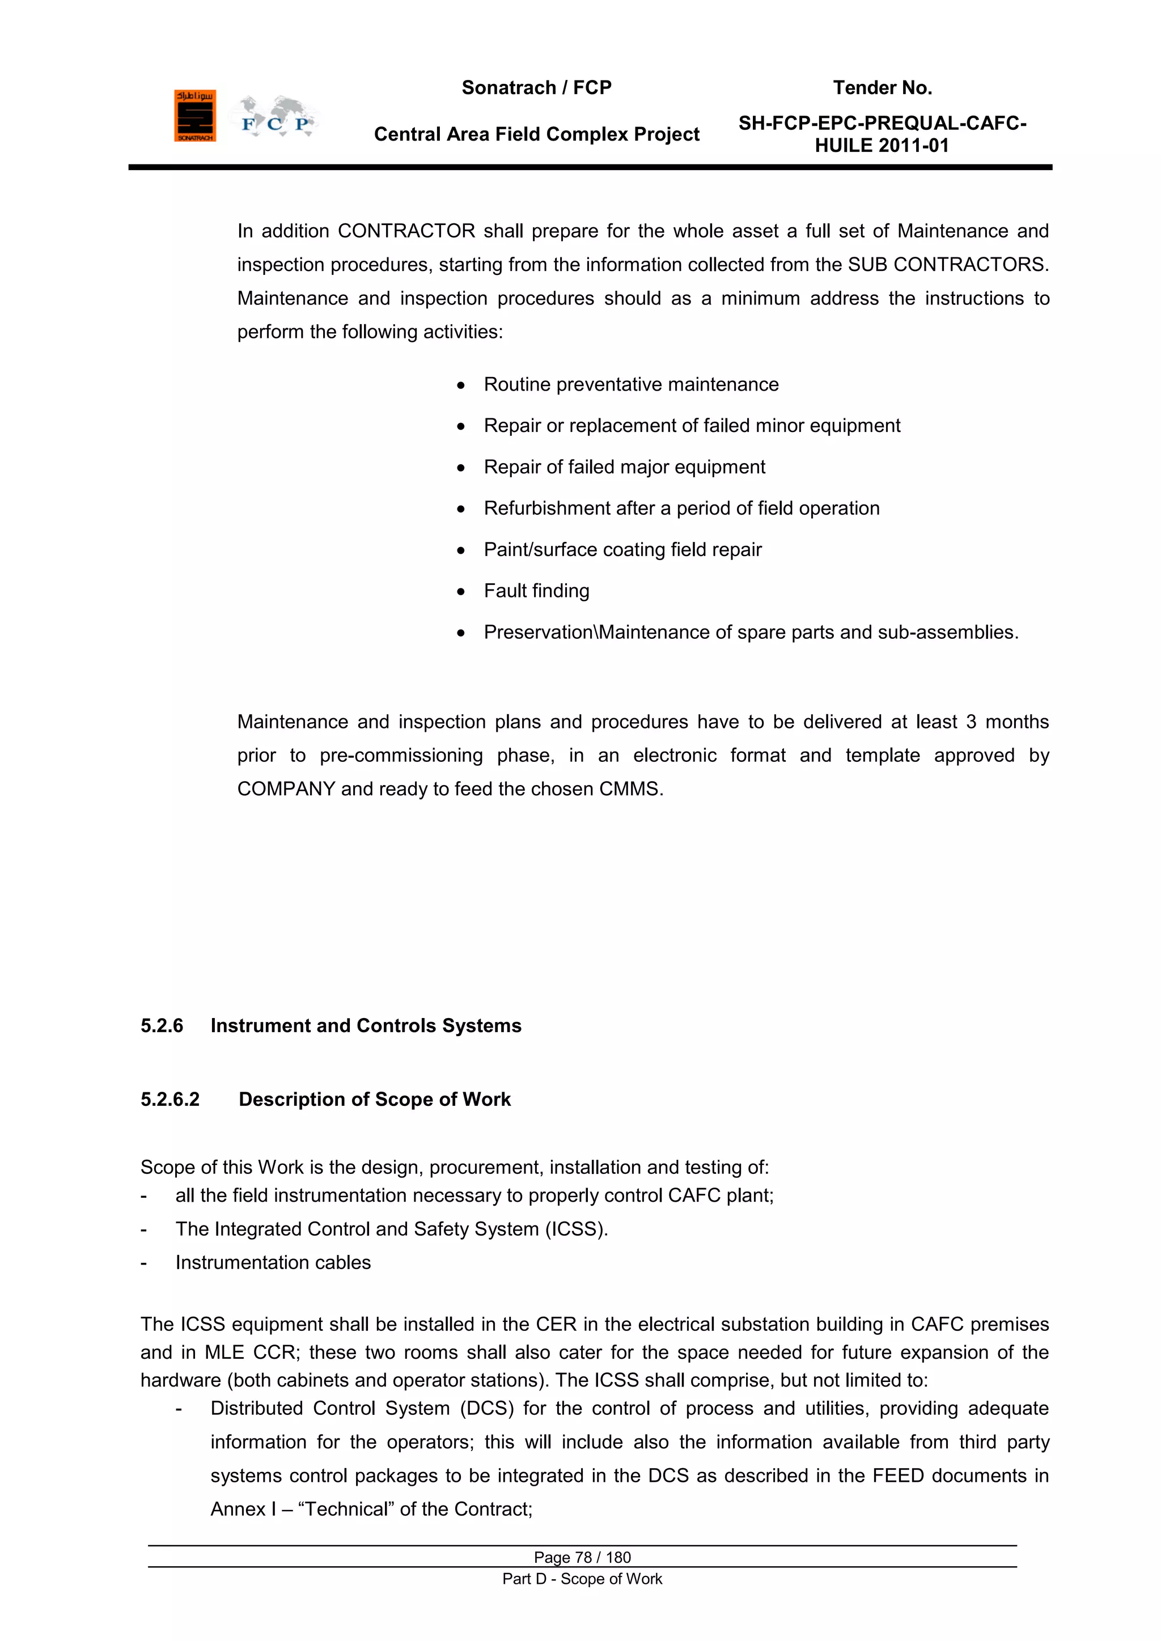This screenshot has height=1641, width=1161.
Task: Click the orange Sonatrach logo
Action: click(194, 116)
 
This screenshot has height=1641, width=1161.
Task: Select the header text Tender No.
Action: click(882, 88)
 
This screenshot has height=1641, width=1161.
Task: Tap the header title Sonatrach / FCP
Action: click(536, 88)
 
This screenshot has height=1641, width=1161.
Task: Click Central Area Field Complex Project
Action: click(536, 134)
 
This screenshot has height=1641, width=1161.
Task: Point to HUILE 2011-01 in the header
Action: click(882, 146)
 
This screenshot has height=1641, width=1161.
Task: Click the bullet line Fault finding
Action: click(536, 591)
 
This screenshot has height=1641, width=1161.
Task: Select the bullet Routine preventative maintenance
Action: click(630, 384)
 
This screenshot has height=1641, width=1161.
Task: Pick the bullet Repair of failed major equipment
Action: click(624, 468)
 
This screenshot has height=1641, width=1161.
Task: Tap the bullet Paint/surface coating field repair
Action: click(622, 550)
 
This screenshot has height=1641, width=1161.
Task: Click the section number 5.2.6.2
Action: click(170, 1099)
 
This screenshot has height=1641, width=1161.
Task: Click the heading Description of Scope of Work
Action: click(375, 1099)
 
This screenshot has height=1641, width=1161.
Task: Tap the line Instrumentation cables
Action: click(273, 1263)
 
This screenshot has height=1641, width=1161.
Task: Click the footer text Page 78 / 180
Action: click(582, 1557)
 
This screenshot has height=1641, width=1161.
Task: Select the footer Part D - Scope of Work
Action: click(582, 1579)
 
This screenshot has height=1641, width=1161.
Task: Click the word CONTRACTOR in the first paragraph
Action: click(406, 232)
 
